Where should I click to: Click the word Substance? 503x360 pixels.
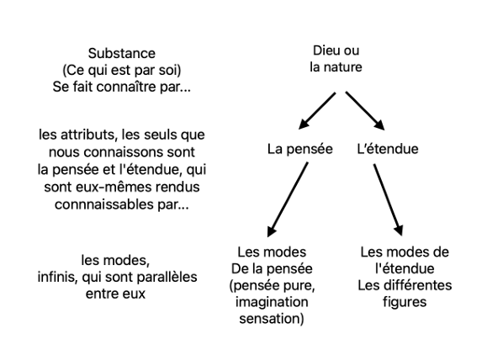click(122, 53)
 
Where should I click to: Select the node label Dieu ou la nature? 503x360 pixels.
click(336, 59)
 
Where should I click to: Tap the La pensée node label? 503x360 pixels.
click(300, 149)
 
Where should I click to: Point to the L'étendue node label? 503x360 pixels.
click(388, 149)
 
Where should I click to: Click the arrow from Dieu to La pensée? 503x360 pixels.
click(317, 111)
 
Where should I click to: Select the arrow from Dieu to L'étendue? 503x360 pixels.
click(365, 111)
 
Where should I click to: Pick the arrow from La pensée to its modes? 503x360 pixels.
click(288, 199)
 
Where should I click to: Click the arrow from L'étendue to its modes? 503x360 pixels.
click(388, 199)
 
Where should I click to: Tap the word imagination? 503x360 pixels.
click(272, 302)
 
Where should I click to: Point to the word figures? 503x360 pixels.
click(405, 302)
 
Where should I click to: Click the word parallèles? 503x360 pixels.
click(167, 277)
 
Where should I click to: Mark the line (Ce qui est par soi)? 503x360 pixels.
click(122, 70)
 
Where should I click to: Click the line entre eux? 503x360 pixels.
click(115, 294)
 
